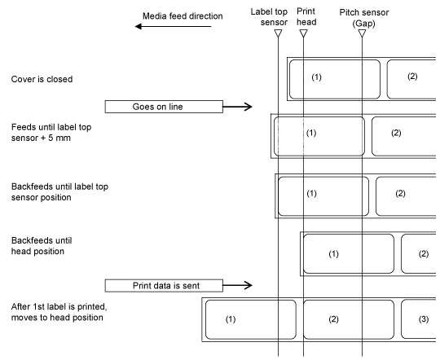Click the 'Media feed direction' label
183,16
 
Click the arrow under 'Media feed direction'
173,26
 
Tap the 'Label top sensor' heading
269,17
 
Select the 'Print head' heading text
306,16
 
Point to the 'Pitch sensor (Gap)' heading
364,18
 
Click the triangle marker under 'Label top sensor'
278,33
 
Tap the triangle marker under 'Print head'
303,33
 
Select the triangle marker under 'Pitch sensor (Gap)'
362,33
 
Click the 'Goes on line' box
164,107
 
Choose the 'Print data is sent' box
164,286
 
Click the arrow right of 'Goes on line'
237,107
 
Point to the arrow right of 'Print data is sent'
237,285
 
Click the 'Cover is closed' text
42,79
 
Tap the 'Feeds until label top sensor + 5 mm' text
51,133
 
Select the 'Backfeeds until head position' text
42,246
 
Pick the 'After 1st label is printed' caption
59,307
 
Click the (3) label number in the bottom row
424,319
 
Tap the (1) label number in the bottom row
231,319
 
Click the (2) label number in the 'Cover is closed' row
412,77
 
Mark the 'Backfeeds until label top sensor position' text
59,192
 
